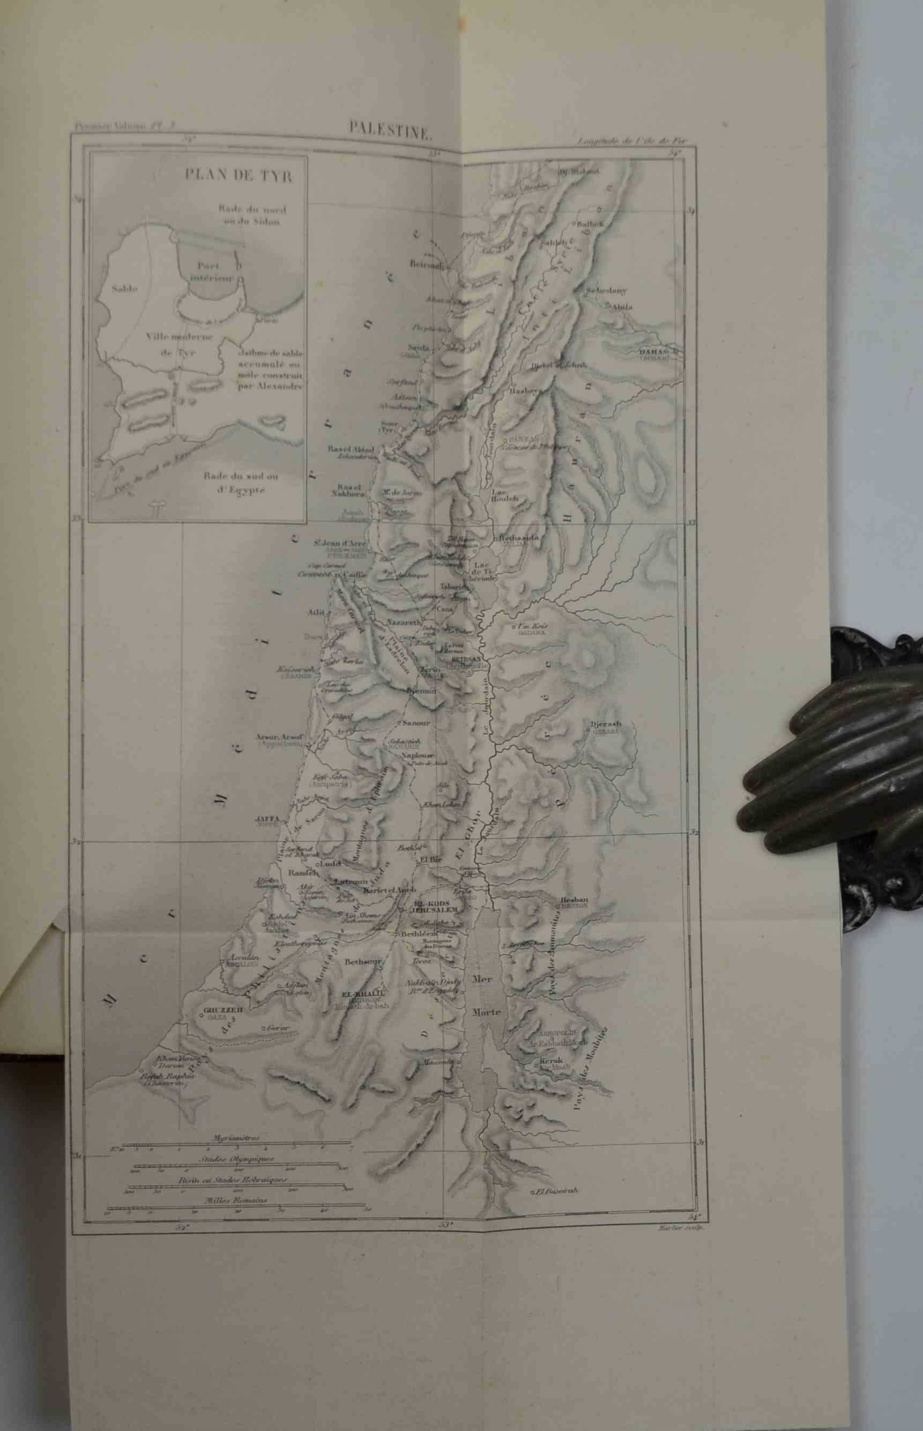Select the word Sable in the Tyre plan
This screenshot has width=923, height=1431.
(125, 288)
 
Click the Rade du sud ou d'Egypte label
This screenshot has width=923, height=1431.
(233, 483)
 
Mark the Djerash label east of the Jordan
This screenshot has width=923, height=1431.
(605, 724)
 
